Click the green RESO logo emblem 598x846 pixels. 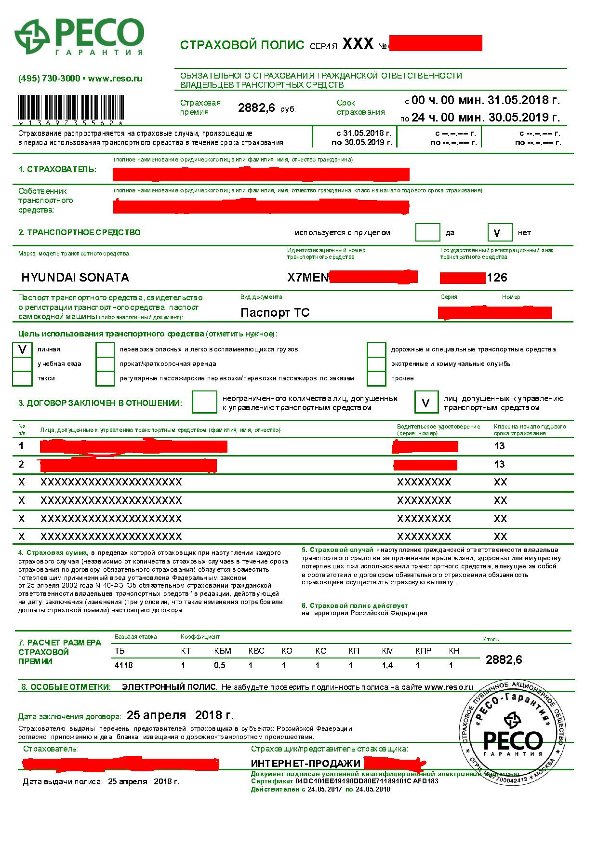(x=33, y=37)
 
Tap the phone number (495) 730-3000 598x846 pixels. (x=49, y=79)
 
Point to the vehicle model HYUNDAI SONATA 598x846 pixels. (x=75, y=278)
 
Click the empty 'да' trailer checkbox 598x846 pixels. (x=427, y=233)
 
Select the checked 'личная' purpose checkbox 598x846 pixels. (x=22, y=349)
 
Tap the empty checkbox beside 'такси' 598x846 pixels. (x=22, y=378)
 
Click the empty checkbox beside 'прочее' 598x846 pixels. (x=376, y=378)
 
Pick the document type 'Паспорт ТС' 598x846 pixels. (x=275, y=313)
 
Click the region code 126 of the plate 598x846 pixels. (x=497, y=278)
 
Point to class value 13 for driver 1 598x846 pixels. (x=499, y=446)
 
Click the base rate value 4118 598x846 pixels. (x=123, y=665)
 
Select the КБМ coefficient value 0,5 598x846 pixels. (x=219, y=665)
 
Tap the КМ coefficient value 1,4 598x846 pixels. (x=387, y=665)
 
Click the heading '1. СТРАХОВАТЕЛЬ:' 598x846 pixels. (x=57, y=170)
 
